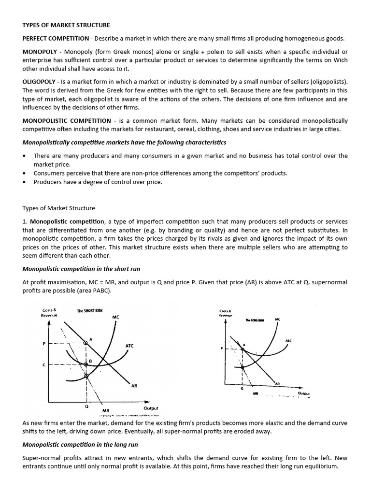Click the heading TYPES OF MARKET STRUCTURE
point(66,25)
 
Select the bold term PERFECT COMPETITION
point(56,38)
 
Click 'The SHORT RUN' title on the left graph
point(90,310)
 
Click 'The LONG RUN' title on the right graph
point(254,320)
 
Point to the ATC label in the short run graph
point(129,346)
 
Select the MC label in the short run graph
point(115,317)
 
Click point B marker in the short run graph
point(86,364)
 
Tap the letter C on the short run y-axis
point(44,365)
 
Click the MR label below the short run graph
point(106,411)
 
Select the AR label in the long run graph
point(277,383)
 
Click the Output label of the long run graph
point(304,393)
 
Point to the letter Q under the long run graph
point(242,388)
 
